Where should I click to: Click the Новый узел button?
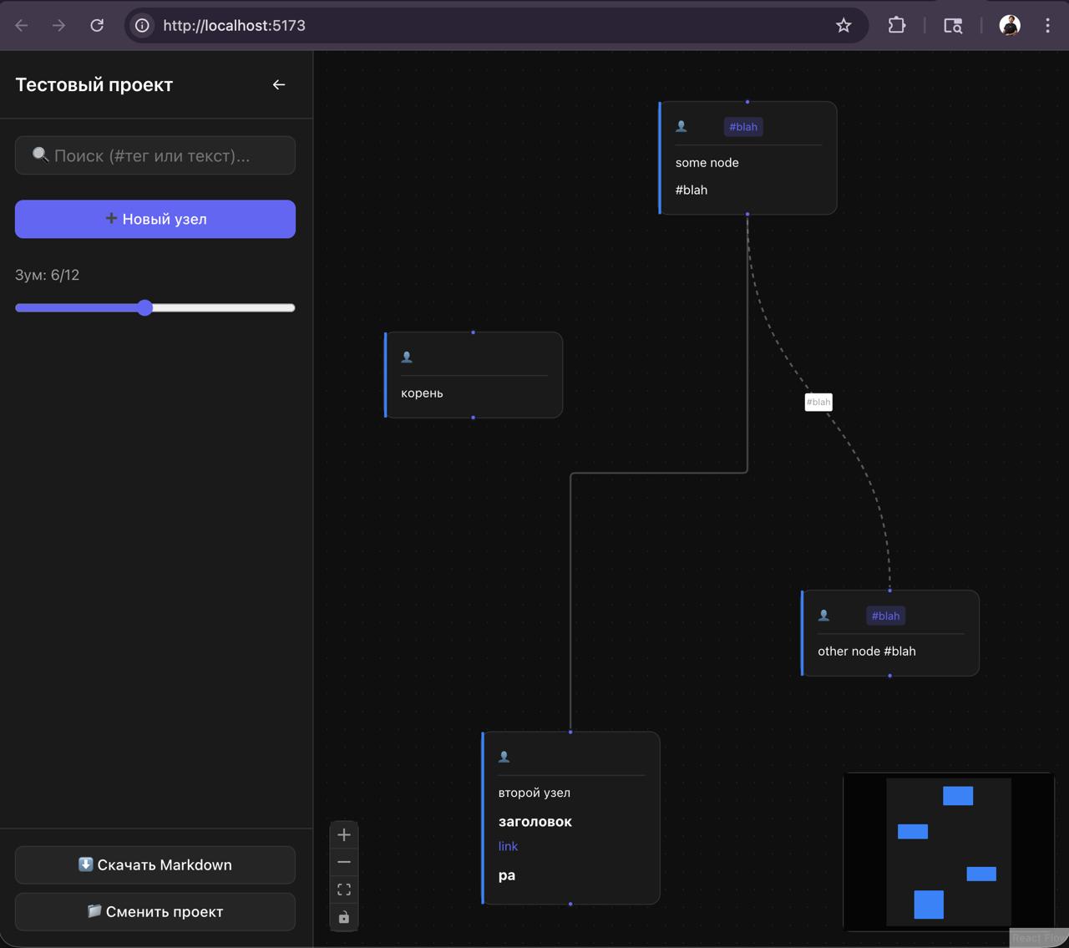(155, 219)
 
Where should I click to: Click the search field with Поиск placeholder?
(155, 155)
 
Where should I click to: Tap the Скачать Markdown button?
(155, 864)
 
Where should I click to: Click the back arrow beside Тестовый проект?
(279, 84)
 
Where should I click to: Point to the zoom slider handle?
(144, 307)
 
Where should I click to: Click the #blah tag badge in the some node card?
(743, 127)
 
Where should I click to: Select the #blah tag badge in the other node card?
(885, 616)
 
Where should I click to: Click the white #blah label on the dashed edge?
(818, 403)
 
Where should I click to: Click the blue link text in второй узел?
(508, 846)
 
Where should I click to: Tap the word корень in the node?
(422, 393)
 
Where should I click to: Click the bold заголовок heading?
(535, 821)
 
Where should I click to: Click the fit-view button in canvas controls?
(344, 890)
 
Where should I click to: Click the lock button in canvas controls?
(344, 917)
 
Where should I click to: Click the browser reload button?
(97, 25)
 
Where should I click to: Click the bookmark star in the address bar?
(844, 25)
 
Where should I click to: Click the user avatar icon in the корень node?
(406, 357)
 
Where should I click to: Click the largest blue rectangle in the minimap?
(929, 905)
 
